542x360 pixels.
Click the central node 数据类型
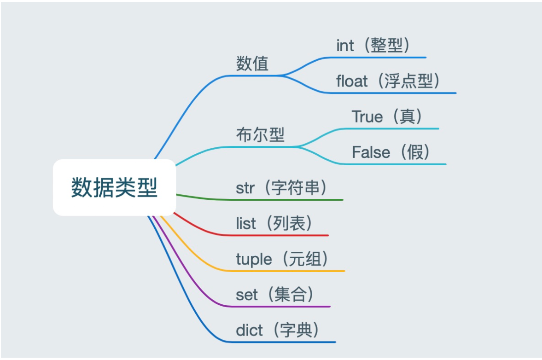[114, 187]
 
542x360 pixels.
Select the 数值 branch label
[252, 64]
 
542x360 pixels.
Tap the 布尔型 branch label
[260, 135]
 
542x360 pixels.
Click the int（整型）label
[373, 46]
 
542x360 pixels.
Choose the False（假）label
[391, 152]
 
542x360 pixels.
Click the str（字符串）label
[282, 188]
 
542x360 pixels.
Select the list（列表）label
[275, 224]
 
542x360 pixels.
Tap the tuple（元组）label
[283, 259]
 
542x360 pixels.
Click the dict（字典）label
[278, 330]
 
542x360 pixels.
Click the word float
[352, 81]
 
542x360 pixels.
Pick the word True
[367, 116]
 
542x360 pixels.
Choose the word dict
[249, 330]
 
